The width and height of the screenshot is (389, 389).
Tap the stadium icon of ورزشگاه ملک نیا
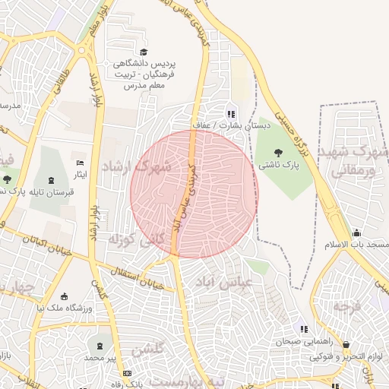click(65, 296)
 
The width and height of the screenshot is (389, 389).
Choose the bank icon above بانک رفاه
click(127, 373)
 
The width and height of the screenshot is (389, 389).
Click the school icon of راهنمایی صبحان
click(304, 330)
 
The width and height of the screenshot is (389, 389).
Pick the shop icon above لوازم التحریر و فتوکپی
click(346, 345)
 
